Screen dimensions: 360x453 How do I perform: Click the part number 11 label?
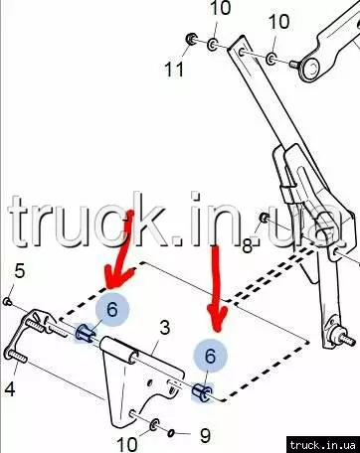174,70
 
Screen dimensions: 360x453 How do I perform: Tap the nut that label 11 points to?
190,39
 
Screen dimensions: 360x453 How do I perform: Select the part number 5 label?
20,271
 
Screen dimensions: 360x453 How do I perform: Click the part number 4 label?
10,389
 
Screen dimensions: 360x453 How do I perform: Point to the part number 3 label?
164,328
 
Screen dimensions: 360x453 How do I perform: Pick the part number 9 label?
206,436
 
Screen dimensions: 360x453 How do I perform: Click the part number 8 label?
248,246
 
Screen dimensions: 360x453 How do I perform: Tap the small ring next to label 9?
171,433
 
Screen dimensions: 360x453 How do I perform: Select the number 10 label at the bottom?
127,444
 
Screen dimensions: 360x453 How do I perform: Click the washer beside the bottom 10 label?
154,425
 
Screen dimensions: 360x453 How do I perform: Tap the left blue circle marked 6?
112,309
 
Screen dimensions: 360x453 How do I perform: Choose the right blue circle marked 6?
211,356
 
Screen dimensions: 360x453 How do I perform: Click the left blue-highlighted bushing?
85,333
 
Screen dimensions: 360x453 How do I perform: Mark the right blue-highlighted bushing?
202,392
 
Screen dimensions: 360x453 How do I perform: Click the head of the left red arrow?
118,277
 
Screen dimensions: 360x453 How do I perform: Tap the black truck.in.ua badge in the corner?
323,445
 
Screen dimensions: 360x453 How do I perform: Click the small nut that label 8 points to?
264,218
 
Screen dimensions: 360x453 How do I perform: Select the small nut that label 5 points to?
7,301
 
